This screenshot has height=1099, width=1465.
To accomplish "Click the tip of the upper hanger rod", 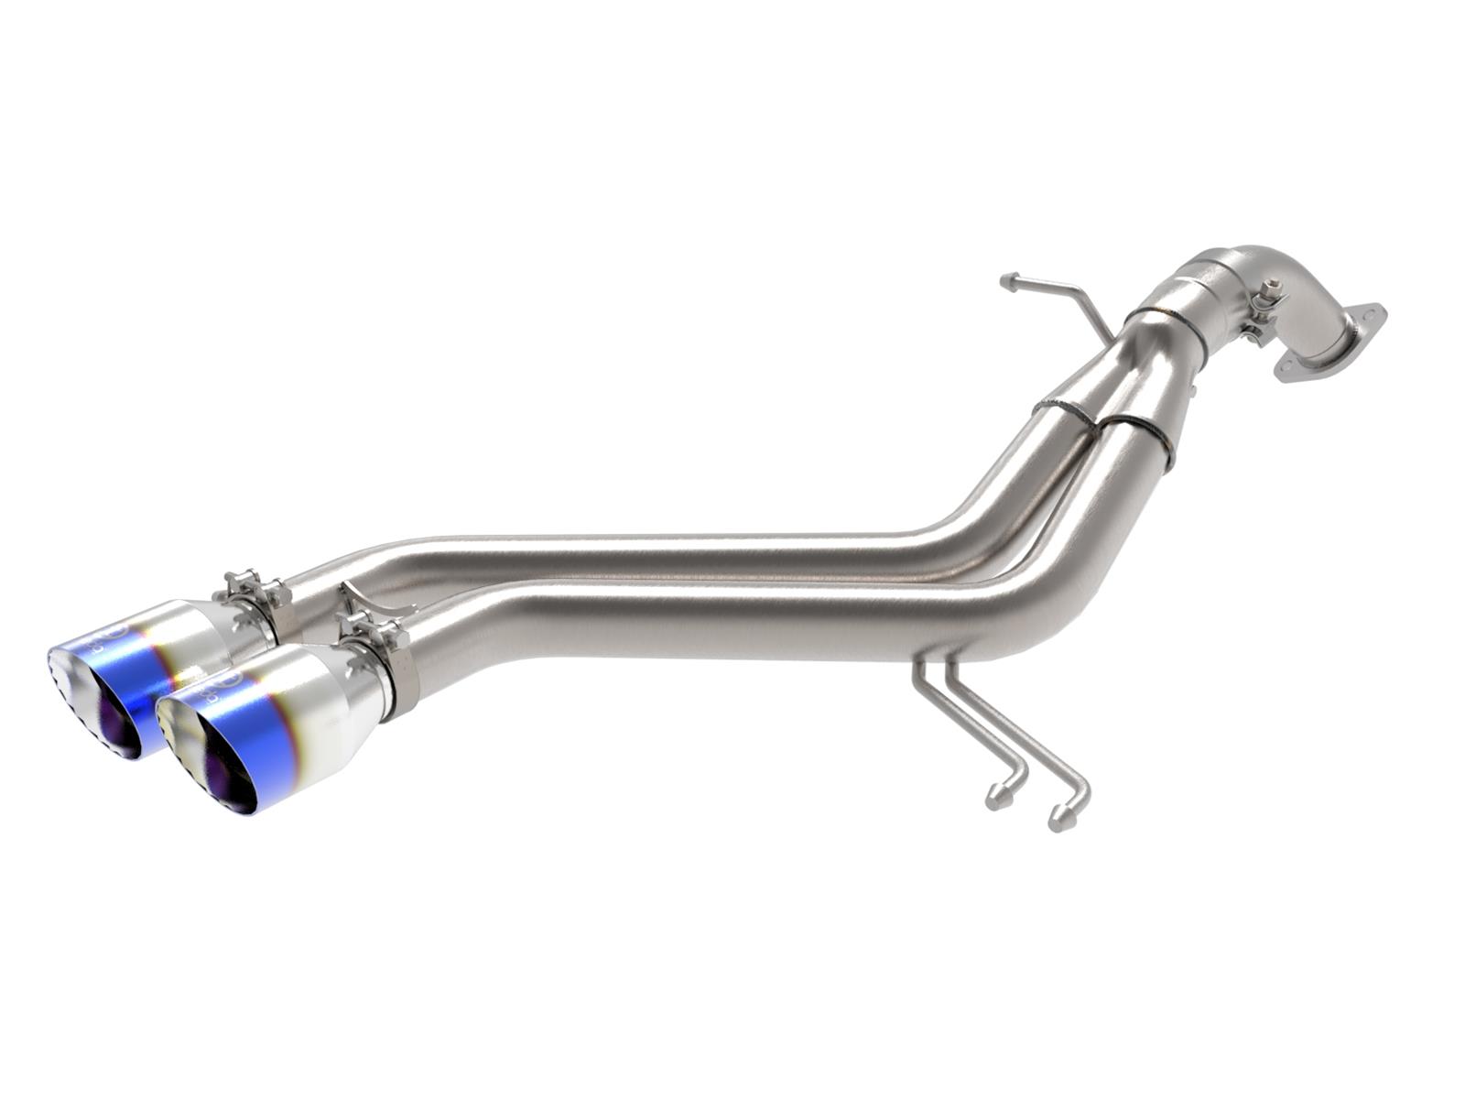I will point(1008,279).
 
